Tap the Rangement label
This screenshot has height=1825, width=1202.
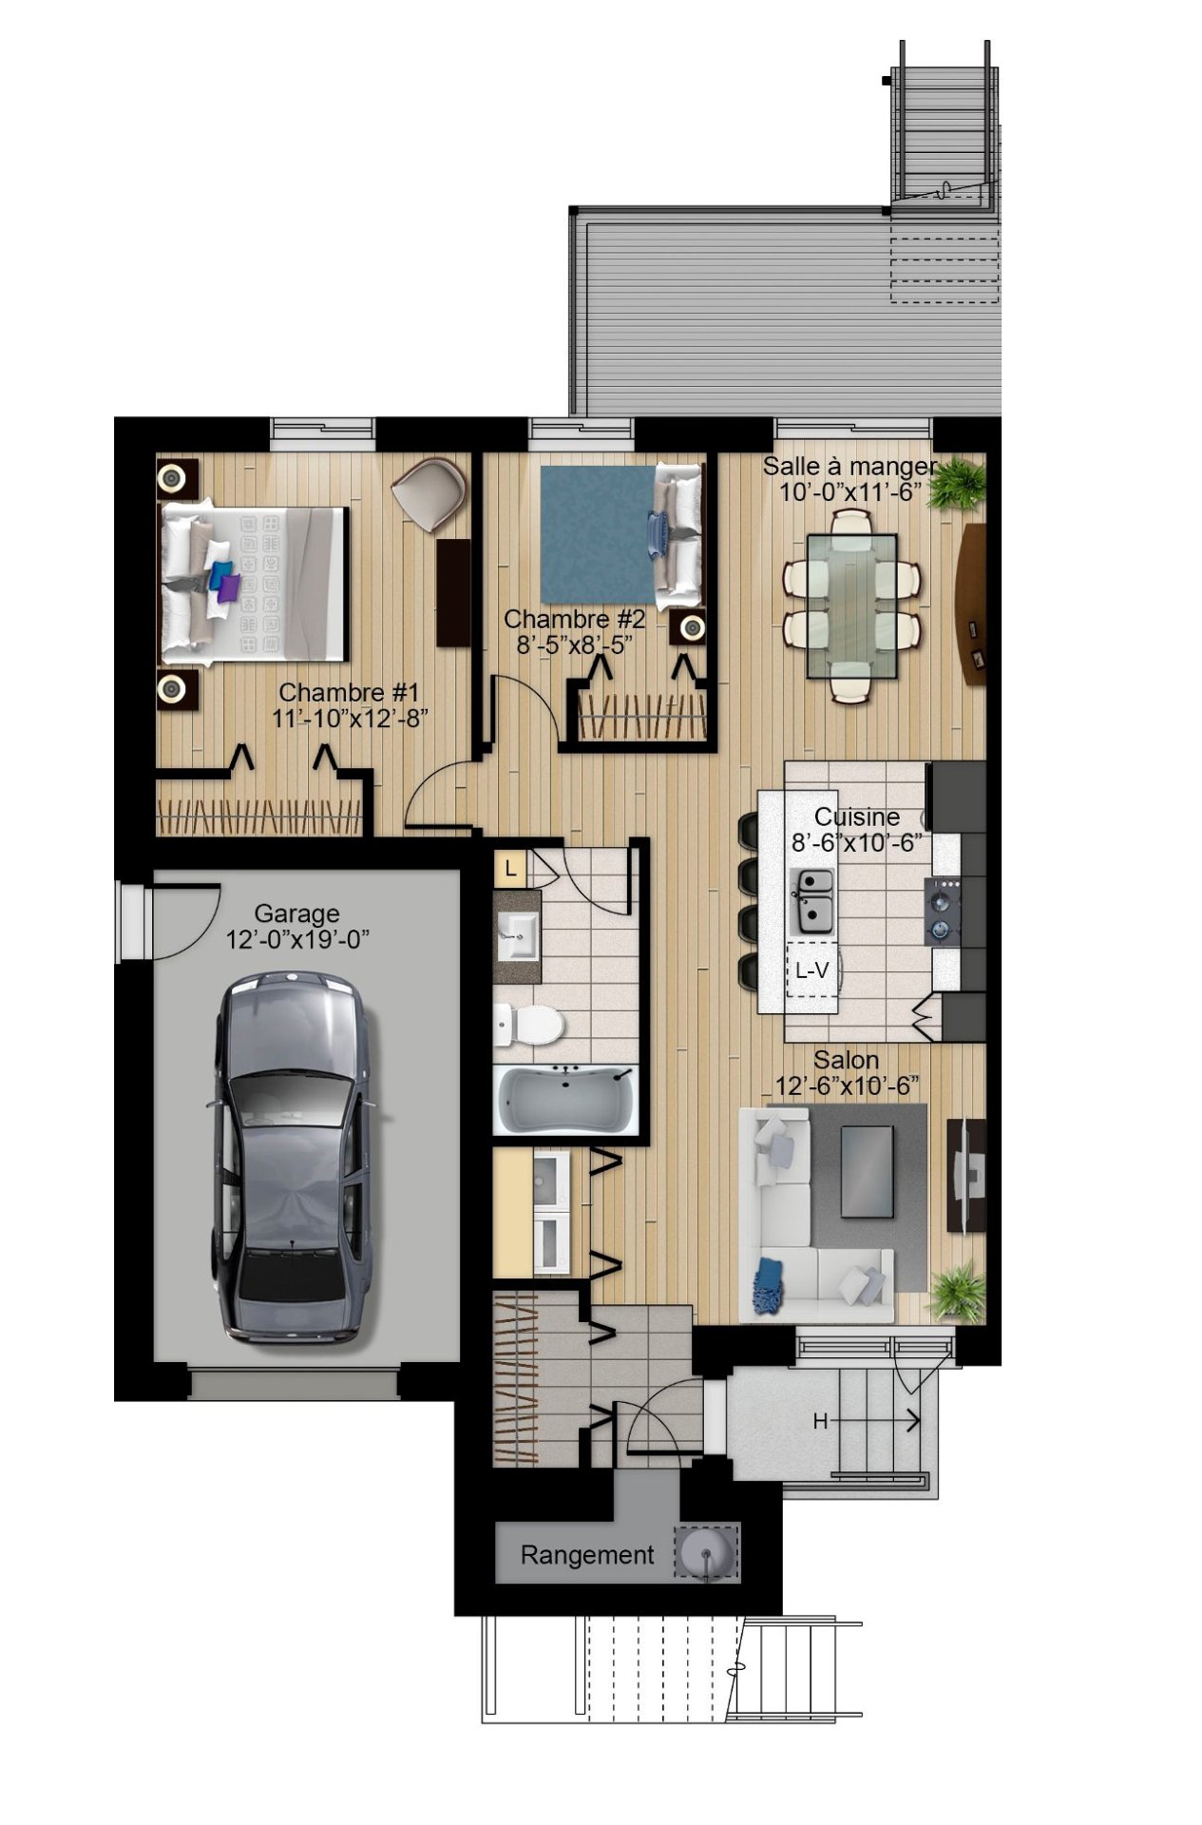[x=586, y=1555]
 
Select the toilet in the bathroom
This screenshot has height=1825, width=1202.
[x=528, y=1025]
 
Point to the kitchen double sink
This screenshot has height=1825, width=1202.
[x=813, y=899]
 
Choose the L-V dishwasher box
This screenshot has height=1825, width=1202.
[x=812, y=970]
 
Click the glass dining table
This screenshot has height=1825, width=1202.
[x=851, y=606]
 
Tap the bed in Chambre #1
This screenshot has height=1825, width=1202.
[x=253, y=584]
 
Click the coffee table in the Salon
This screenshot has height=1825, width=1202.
[x=866, y=1171]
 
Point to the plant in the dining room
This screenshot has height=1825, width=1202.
[x=956, y=484]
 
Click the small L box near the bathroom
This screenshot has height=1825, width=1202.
[x=511, y=868]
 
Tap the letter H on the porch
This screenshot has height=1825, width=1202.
[x=820, y=1422]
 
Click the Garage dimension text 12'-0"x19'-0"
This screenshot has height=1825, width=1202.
[x=296, y=939]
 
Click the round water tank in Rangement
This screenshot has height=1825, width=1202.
[x=705, y=1553]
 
